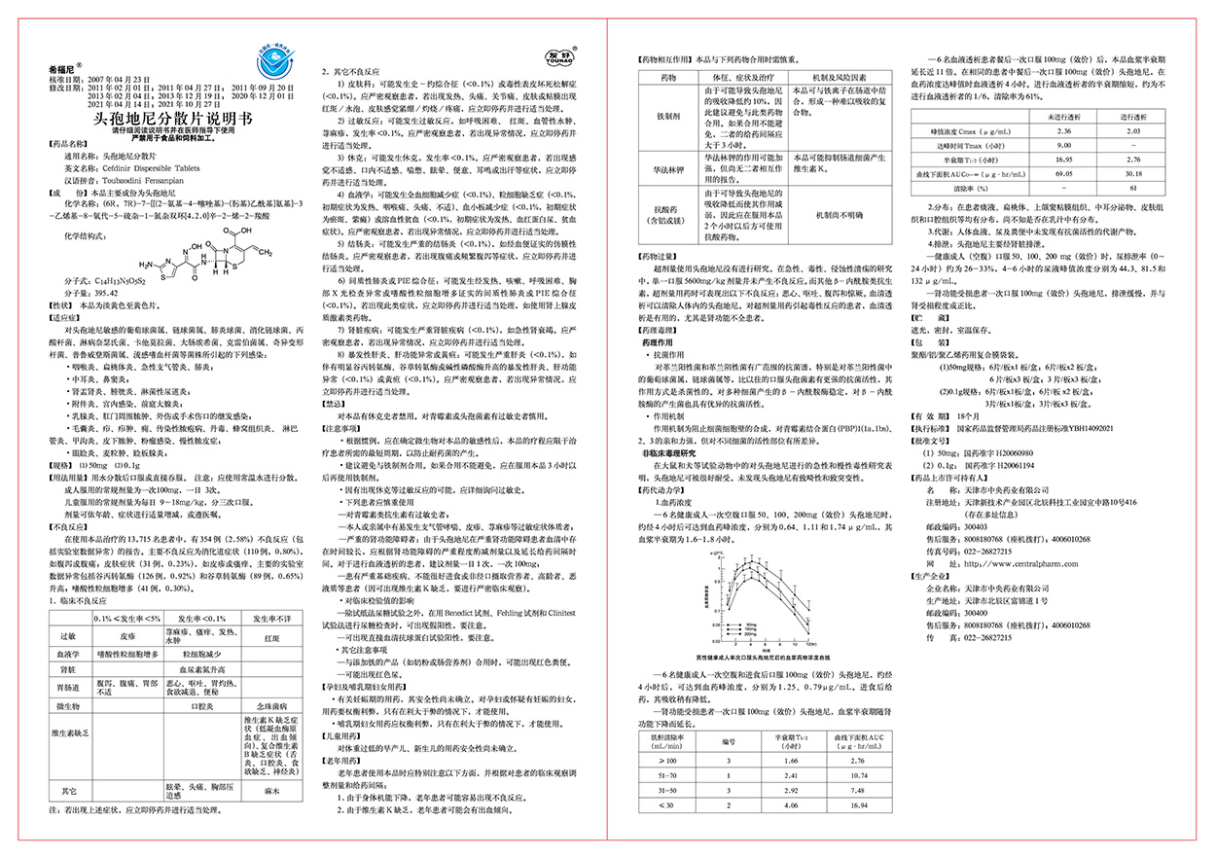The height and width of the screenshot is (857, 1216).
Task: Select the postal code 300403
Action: (981, 525)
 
